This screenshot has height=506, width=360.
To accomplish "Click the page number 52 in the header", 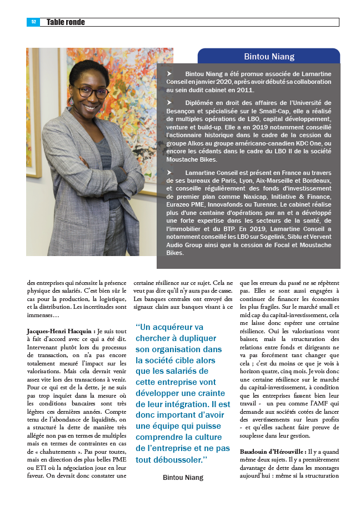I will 33,22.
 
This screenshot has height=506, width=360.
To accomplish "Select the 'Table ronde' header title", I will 66,22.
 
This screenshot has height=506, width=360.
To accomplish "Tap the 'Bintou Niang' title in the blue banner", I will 269,57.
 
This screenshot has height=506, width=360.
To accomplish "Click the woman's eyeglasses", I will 92,91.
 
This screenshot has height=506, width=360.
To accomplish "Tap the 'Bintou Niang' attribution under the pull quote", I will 183,478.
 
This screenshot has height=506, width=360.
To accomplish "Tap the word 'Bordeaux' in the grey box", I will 317,181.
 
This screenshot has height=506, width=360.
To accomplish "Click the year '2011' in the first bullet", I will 244,89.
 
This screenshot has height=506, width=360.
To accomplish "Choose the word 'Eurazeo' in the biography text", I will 182,205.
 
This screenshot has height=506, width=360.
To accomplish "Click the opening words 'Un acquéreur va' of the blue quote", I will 170,327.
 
